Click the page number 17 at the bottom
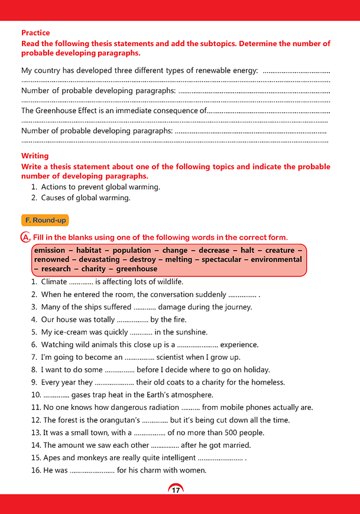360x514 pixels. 176,489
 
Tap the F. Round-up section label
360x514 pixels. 45,220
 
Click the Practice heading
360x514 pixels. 35,33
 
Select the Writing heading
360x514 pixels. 35,156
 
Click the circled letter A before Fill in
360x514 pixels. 25,238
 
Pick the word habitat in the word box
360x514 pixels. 88,251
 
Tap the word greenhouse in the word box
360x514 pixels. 137,269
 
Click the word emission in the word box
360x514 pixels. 50,251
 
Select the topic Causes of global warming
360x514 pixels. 86,198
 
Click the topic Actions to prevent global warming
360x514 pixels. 100,187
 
